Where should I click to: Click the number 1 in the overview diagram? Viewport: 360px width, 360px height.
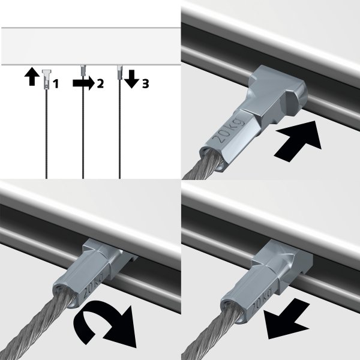point(55,85)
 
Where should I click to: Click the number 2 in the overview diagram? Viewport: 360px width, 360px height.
point(100,84)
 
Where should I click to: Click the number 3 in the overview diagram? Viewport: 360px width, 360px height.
point(145,84)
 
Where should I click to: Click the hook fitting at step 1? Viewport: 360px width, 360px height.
point(46,78)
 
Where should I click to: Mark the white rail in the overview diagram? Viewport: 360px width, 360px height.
point(90,46)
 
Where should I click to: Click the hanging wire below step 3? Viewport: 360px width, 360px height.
point(121,132)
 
